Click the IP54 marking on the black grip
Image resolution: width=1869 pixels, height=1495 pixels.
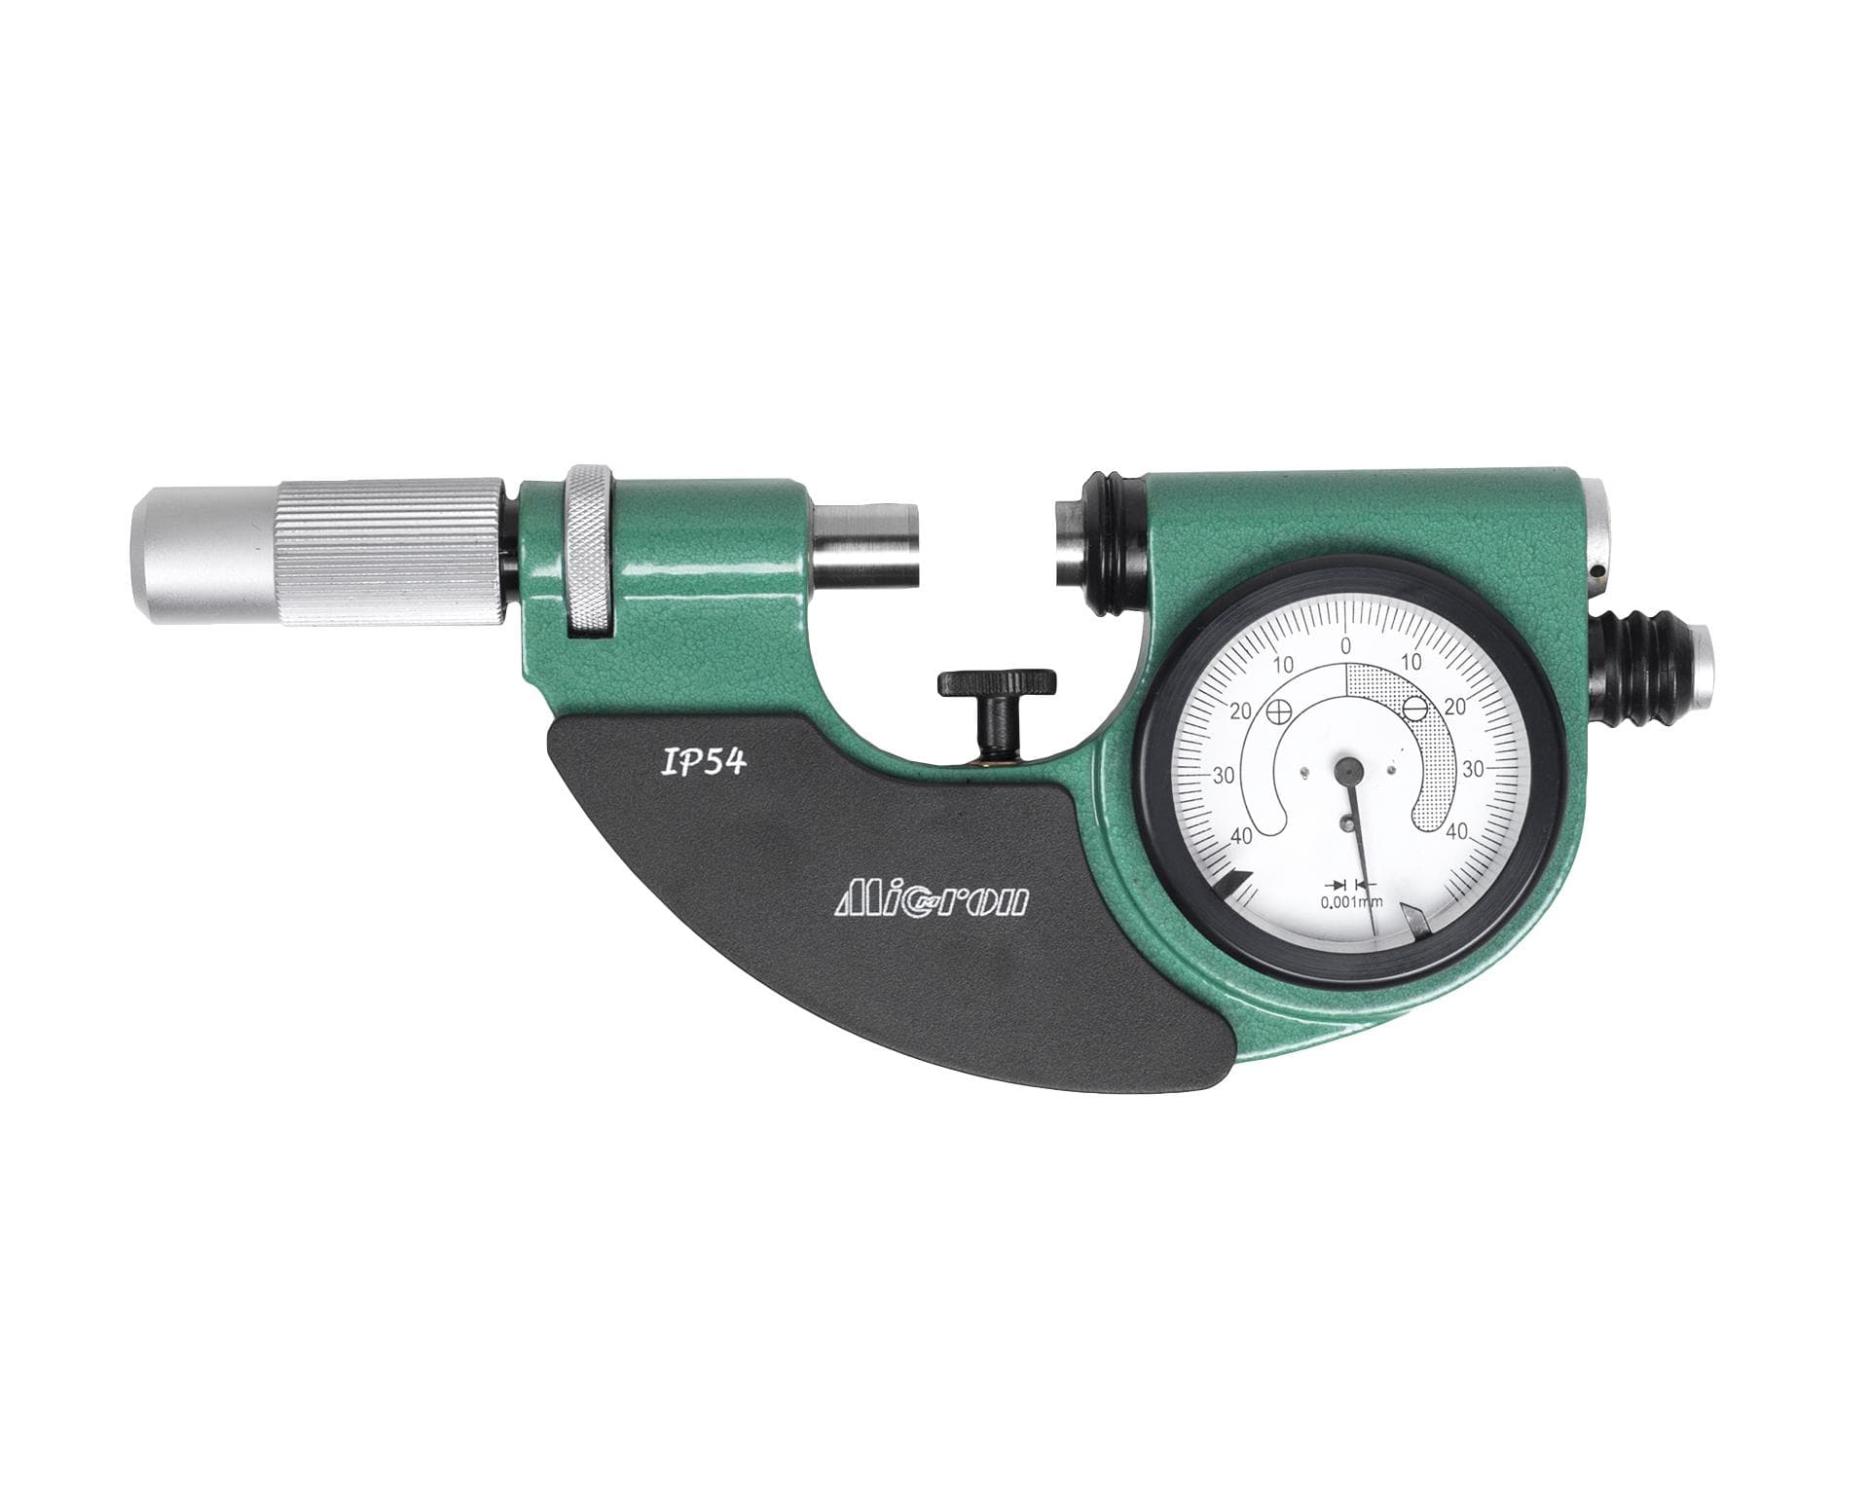[702, 762]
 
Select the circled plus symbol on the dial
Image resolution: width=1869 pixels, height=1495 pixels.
[1282, 711]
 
